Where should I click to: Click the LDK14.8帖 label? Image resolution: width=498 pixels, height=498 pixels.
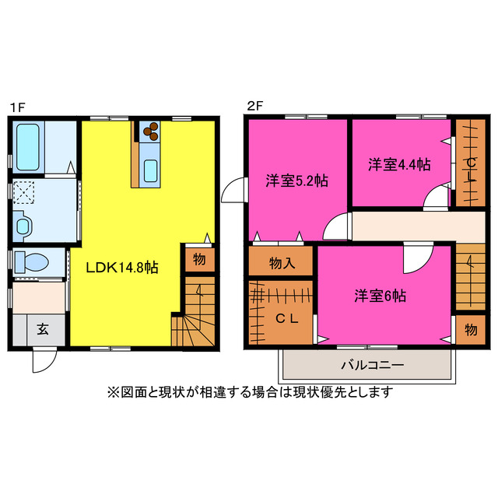point(122,267)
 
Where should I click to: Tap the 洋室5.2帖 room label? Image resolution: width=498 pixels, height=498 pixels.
point(296,181)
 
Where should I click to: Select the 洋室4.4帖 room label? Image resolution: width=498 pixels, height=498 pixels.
point(399,164)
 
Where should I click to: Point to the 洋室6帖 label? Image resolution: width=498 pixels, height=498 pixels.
point(380,296)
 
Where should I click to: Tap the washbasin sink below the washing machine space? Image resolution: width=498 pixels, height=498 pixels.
point(23,226)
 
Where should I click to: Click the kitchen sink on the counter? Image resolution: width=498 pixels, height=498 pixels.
point(151,169)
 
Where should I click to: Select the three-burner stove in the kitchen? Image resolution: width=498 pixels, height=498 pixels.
point(149,130)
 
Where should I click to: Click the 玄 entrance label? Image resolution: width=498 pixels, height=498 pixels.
point(40,328)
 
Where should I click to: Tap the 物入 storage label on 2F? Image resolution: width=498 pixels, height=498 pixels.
point(282,262)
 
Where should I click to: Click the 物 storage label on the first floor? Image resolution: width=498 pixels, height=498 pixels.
point(199,260)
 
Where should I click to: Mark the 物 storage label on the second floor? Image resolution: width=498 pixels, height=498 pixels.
point(470,328)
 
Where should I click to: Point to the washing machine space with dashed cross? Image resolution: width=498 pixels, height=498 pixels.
point(24,194)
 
